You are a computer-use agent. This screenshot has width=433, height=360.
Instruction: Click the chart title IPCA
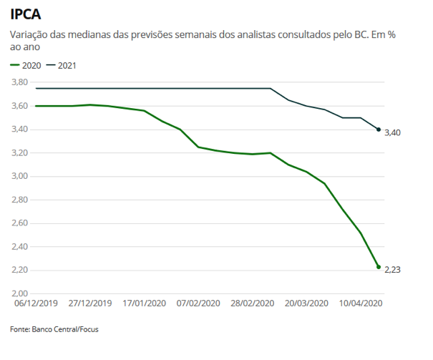coord(25,14)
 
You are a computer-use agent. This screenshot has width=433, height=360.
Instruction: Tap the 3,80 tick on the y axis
coord(19,83)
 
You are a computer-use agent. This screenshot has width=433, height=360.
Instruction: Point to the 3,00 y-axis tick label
coord(19,177)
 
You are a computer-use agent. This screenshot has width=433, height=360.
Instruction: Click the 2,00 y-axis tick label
coord(19,294)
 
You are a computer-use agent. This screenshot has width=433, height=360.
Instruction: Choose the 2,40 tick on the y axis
coord(19,247)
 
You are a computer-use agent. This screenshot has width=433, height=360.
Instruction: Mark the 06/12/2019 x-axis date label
coord(36,303)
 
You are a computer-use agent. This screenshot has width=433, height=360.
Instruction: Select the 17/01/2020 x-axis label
coord(144,303)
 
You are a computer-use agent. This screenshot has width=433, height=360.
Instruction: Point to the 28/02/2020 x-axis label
coord(252,303)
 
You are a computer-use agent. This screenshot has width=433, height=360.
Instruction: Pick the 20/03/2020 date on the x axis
coord(306,303)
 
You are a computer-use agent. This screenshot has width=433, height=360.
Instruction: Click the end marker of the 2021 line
coord(378,130)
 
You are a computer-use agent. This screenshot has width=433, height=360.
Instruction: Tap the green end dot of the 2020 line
coord(378,267)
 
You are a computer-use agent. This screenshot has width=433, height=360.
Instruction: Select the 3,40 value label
coord(394,133)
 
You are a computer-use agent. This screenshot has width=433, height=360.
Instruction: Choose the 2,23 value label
coord(394,271)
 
